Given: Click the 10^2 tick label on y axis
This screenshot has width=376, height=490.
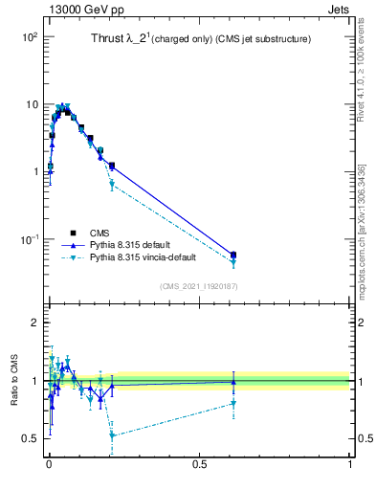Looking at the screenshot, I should [29, 37].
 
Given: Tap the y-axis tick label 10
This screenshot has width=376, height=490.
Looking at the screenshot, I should [32, 104].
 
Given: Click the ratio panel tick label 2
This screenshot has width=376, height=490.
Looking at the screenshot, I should [33, 323].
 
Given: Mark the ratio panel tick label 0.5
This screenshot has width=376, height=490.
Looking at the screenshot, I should [29, 438].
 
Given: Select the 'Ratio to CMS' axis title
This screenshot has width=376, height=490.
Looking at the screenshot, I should [14, 383].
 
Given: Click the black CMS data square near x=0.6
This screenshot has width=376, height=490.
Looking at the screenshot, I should [233, 255].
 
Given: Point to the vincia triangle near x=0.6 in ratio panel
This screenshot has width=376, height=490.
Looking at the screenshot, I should [233, 403].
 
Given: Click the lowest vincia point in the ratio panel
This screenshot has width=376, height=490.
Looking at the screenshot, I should [112, 435].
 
